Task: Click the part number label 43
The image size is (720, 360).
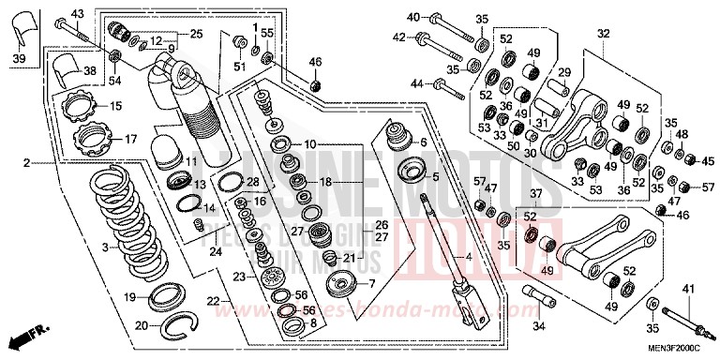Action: tap(77, 12)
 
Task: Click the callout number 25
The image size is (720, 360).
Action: tap(196, 34)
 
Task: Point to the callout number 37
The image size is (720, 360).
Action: tap(536, 193)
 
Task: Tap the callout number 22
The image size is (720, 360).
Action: tap(213, 300)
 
